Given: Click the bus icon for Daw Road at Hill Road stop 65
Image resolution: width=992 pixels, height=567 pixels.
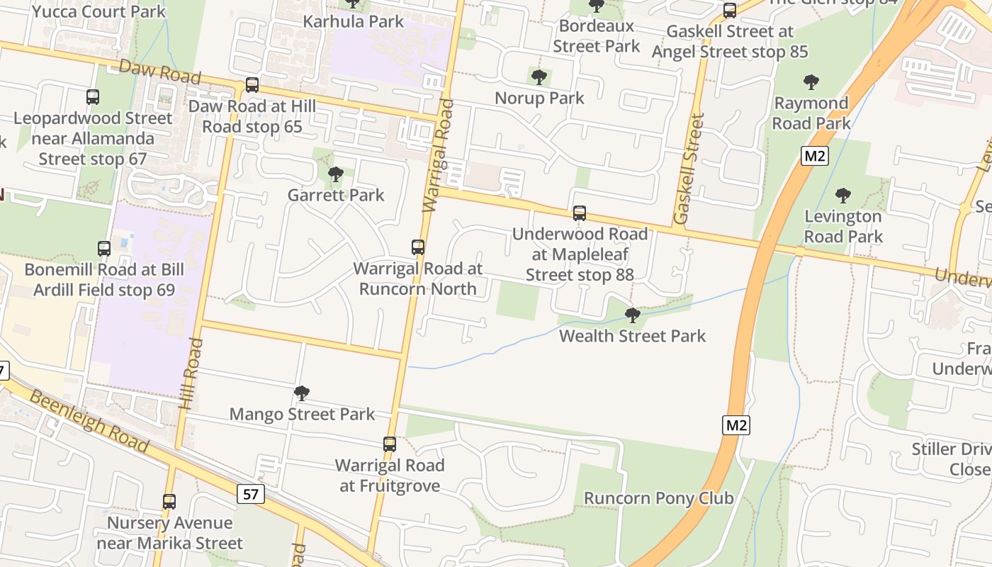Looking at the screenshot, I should click(x=252, y=85).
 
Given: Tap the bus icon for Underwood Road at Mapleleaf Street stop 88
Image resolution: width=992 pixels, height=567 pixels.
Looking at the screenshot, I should click(x=580, y=213).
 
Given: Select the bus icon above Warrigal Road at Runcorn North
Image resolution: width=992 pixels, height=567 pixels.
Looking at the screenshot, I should click(x=418, y=247).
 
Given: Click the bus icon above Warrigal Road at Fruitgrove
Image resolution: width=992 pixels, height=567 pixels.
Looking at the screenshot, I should click(x=390, y=444).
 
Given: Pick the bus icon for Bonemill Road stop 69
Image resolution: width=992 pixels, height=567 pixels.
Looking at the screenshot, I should click(x=104, y=249).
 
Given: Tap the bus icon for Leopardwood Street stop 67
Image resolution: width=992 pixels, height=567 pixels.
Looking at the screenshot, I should click(x=93, y=97).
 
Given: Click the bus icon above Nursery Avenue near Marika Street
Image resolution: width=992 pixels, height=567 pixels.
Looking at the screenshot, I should click(x=169, y=502).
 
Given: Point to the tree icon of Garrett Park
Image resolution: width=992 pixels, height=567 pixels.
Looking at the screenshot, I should click(x=336, y=174).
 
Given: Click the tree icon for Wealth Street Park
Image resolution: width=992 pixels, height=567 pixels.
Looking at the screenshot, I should click(x=633, y=315).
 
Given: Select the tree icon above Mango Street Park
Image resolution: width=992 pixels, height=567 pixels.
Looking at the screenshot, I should click(x=302, y=393).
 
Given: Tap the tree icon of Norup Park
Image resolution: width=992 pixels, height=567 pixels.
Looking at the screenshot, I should click(x=539, y=77).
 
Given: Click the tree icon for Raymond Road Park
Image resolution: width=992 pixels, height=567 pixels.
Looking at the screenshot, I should click(x=811, y=82).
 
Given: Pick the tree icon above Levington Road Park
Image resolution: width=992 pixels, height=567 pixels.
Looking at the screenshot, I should click(x=843, y=195).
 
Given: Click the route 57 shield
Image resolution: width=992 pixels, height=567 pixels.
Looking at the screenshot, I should click(x=251, y=494).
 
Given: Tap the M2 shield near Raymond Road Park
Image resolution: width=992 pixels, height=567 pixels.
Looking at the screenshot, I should click(x=815, y=156).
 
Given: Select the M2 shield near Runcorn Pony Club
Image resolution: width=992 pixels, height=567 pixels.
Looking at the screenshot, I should click(x=737, y=425).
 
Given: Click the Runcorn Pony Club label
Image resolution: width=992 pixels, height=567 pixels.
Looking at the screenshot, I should click(x=658, y=498).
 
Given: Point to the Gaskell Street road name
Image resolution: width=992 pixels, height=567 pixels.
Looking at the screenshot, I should click(x=688, y=169).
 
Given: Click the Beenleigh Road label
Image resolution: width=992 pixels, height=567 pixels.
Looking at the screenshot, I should click(x=89, y=423).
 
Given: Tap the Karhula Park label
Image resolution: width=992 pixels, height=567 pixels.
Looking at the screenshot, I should click(x=354, y=21).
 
